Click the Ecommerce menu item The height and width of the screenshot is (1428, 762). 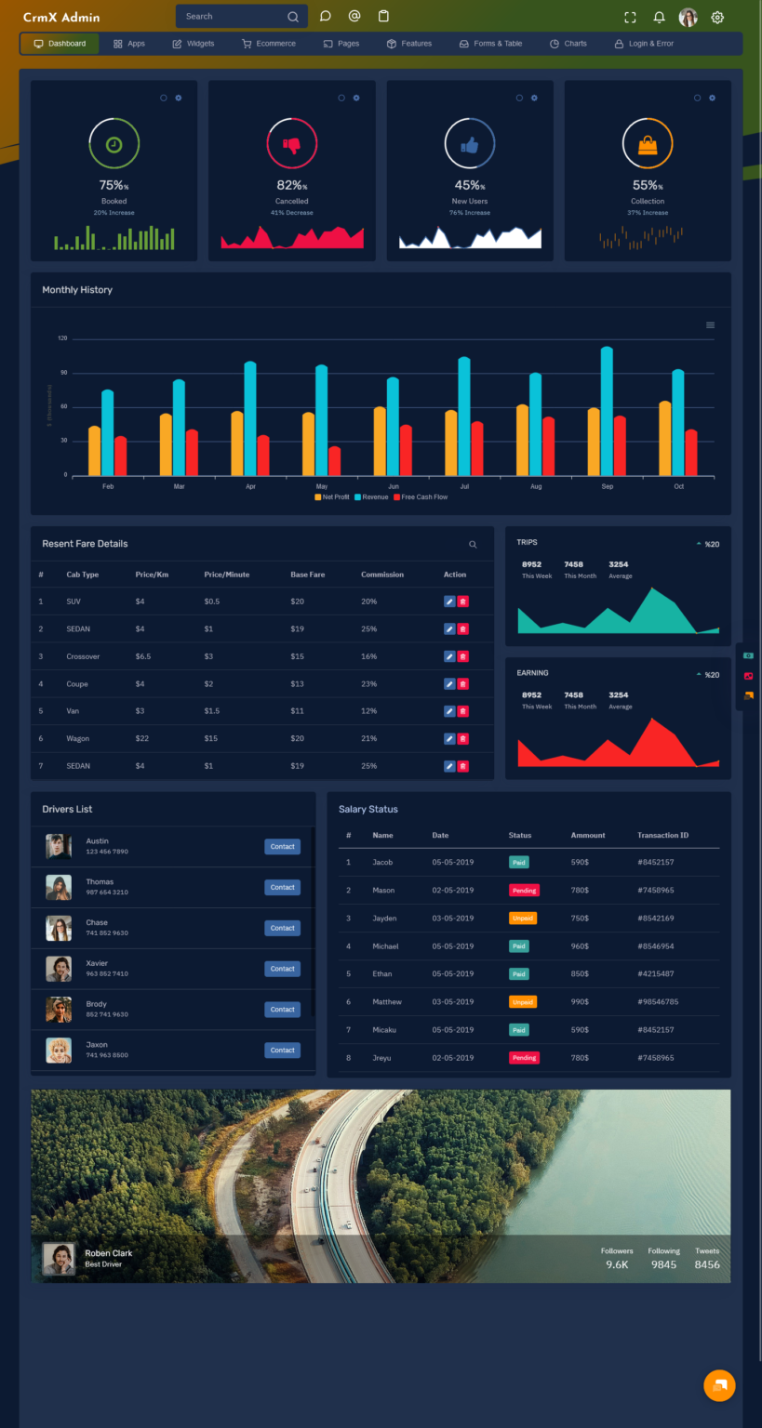click(x=269, y=44)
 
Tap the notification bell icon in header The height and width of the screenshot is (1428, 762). click(x=659, y=17)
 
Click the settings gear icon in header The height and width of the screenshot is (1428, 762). click(x=717, y=17)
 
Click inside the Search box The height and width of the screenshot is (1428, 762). click(x=233, y=17)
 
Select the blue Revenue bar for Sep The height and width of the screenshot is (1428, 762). click(x=607, y=411)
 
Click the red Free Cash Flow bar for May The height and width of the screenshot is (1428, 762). click(x=335, y=461)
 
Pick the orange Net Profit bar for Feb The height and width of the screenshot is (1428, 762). click(x=94, y=451)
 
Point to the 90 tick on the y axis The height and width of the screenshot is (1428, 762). click(x=63, y=373)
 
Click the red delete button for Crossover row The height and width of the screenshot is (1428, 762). click(x=463, y=656)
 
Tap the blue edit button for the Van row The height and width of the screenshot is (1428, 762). click(x=449, y=711)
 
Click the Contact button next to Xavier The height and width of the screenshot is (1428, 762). click(x=282, y=969)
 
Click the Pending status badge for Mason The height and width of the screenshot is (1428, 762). click(x=524, y=891)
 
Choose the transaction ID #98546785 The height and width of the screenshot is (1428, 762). click(x=658, y=1002)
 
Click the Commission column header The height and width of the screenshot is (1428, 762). click(x=381, y=575)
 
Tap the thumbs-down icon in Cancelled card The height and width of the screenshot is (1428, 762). click(x=292, y=145)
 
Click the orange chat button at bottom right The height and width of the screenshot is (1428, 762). click(x=719, y=1385)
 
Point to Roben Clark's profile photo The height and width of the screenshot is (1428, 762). click(x=60, y=1259)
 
